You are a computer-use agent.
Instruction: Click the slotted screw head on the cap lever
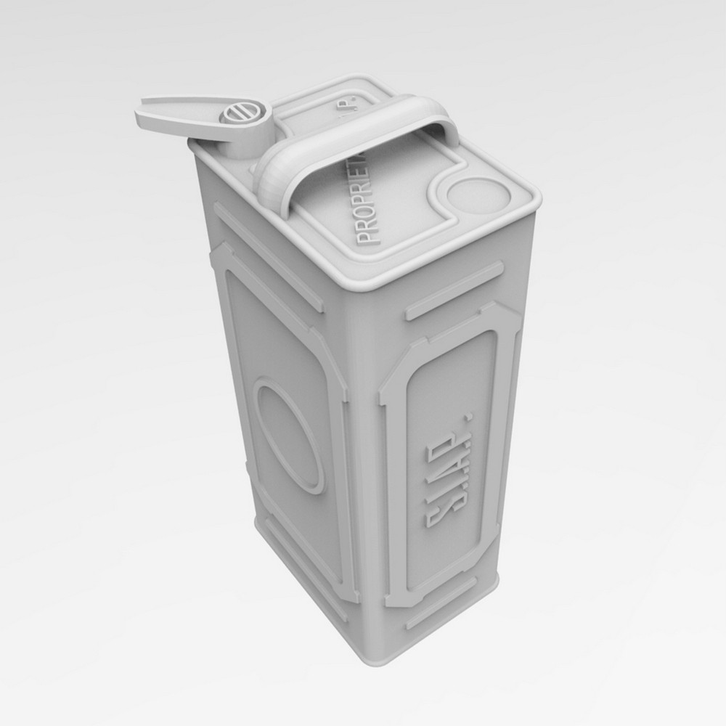235,115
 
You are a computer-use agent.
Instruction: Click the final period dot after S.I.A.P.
469,417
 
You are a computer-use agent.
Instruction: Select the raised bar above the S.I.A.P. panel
454,290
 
